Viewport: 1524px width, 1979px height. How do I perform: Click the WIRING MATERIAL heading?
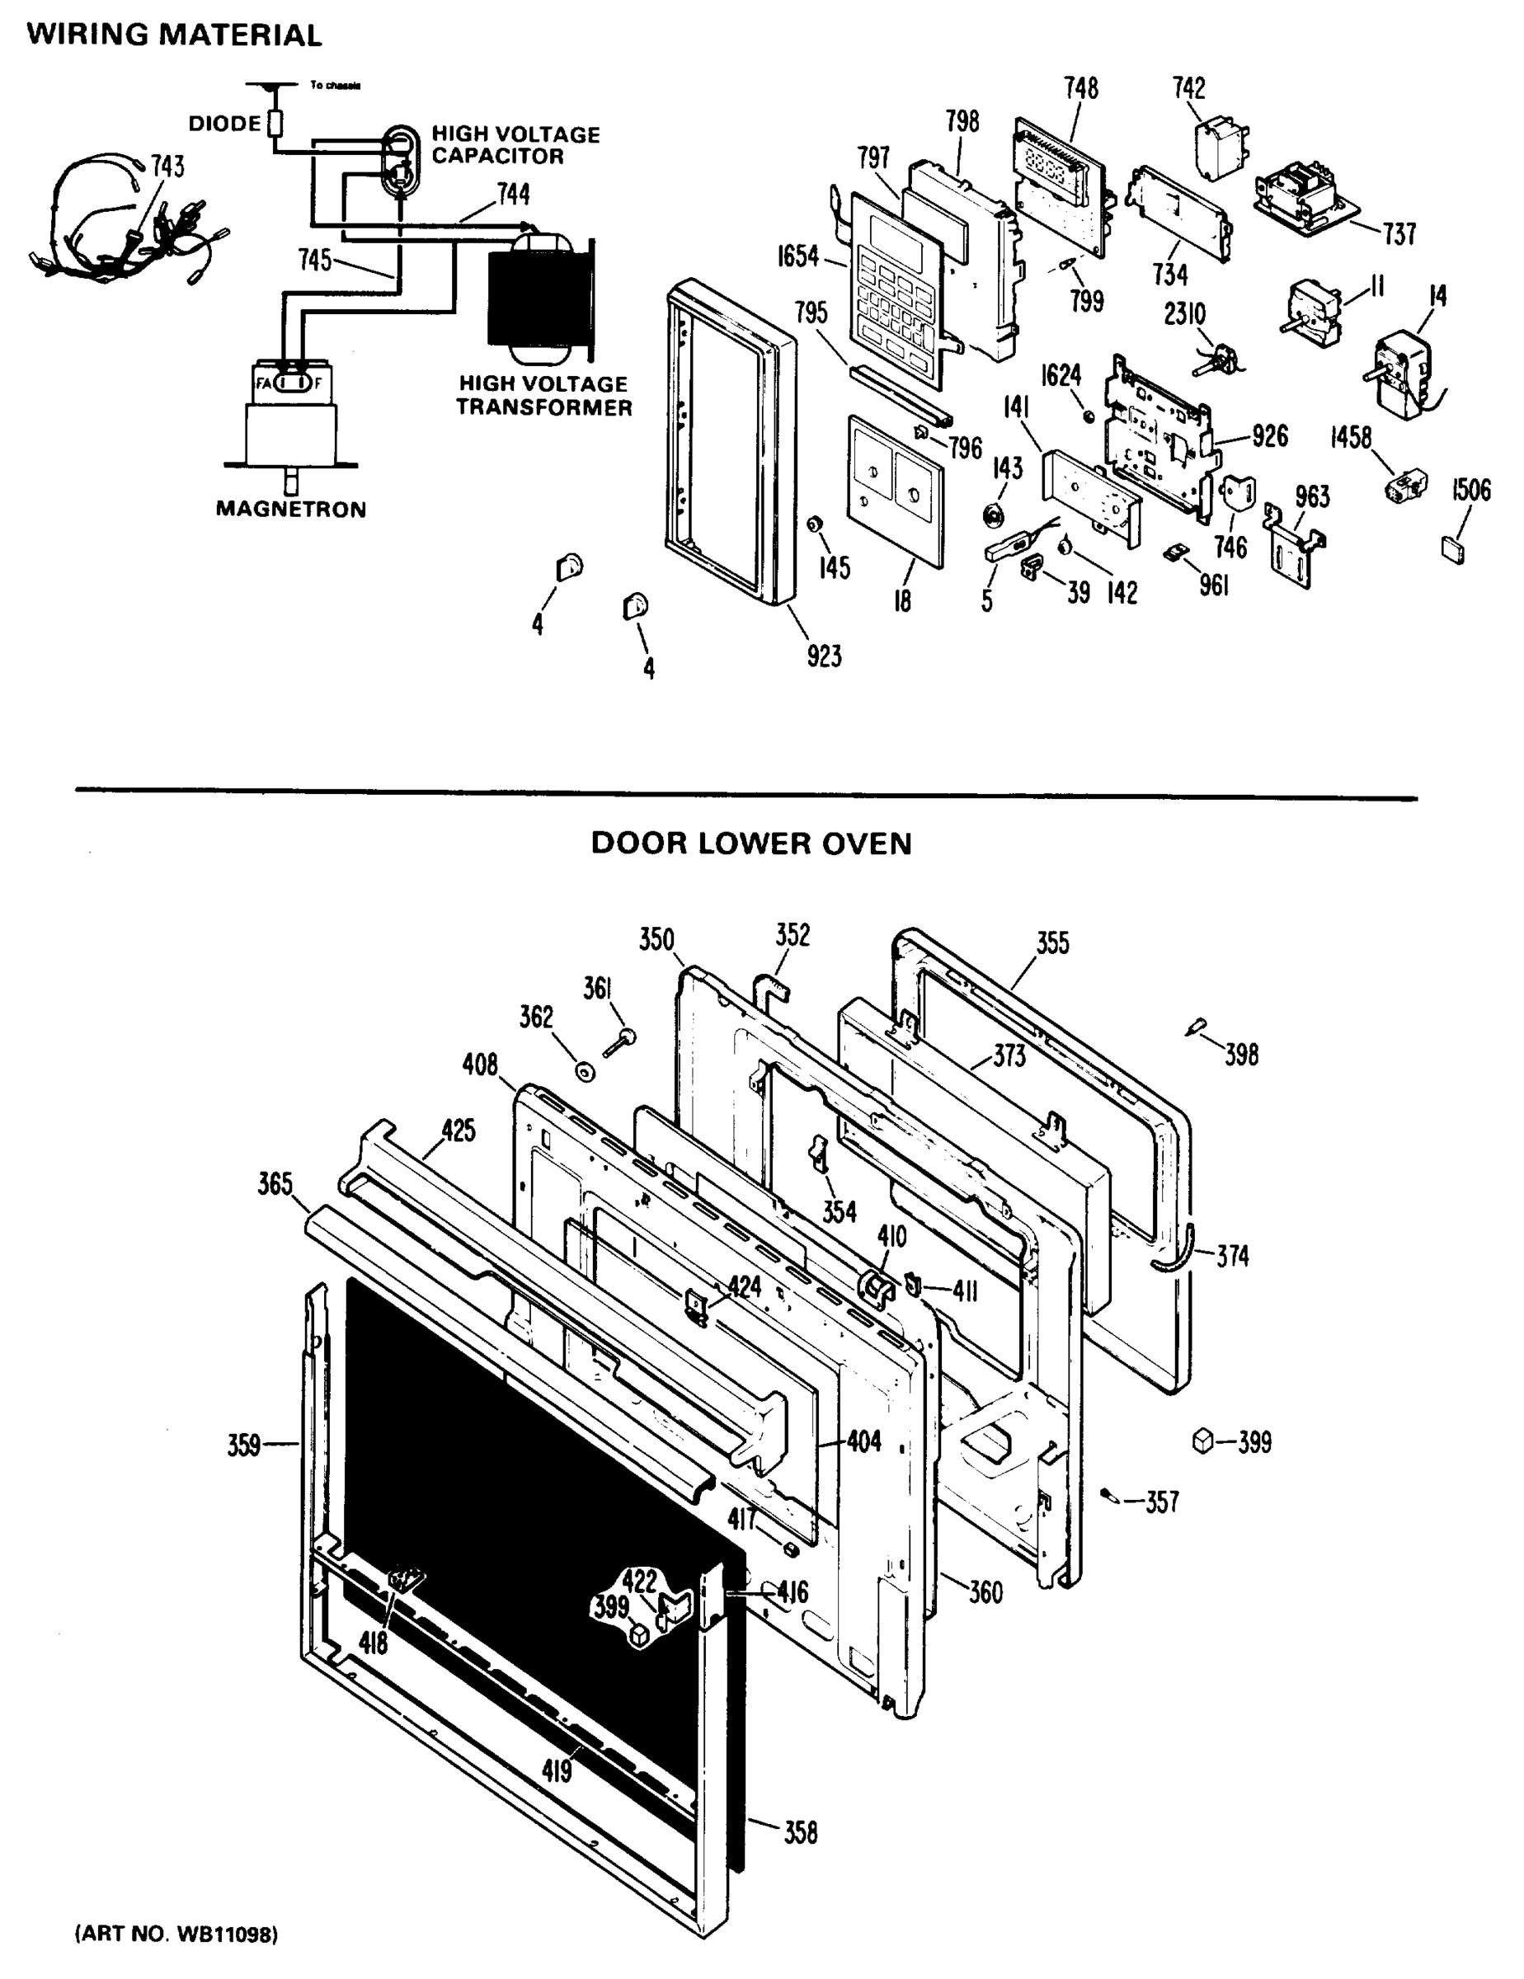point(174,35)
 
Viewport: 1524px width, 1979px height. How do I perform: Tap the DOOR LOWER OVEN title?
point(750,844)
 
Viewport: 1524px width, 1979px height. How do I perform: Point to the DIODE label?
point(223,123)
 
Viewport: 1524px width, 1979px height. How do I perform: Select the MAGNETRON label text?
point(291,510)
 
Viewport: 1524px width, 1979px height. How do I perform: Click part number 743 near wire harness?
point(167,167)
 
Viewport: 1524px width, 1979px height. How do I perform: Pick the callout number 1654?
point(797,257)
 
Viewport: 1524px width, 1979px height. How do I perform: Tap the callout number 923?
point(824,656)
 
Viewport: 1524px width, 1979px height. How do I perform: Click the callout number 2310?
point(1184,314)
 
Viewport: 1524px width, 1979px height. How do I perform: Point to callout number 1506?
point(1470,491)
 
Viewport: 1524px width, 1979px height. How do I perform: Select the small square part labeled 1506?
point(1451,549)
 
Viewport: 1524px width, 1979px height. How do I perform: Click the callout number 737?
point(1399,235)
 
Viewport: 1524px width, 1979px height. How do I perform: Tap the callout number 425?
point(459,1131)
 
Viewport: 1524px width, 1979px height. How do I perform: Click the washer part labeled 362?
point(586,1072)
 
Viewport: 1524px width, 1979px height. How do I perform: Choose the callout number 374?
point(1232,1256)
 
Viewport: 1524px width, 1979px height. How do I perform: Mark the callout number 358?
point(800,1833)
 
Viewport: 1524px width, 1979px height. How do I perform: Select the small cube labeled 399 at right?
point(1202,1440)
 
